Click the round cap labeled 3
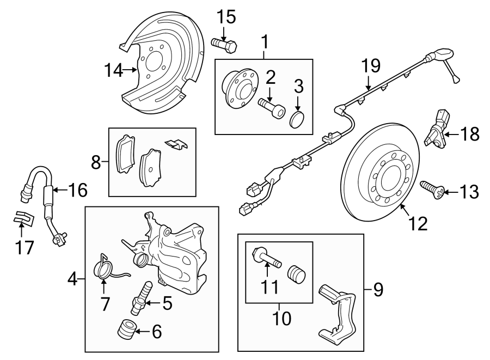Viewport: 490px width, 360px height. (298, 119)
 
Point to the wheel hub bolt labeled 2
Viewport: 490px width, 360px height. (272, 107)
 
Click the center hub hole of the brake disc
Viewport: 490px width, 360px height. (391, 175)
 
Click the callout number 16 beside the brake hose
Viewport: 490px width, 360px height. (78, 191)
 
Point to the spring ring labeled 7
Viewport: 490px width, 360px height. (105, 268)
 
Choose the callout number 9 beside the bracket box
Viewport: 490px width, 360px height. (377, 289)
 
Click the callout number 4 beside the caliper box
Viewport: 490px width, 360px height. (72, 280)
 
